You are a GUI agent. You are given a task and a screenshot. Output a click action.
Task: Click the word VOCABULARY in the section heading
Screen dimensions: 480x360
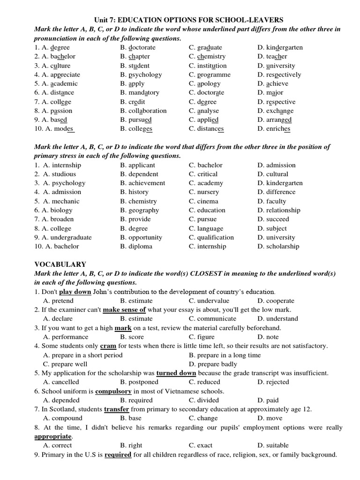pyautogui.click(x=60, y=264)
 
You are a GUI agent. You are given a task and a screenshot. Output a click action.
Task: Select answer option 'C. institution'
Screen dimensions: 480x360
pyautogui.click(x=208, y=66)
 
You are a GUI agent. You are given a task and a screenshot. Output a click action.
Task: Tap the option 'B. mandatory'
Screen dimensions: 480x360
pyautogui.click(x=140, y=93)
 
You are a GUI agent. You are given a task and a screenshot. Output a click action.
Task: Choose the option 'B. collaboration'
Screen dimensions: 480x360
pyautogui.click(x=143, y=111)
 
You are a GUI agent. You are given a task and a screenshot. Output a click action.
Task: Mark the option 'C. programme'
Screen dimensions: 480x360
pyautogui.click(x=210, y=75)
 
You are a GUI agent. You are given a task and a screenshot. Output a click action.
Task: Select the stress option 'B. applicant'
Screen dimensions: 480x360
pyautogui.click(x=137, y=165)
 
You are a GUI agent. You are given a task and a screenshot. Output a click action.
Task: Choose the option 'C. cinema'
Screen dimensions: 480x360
pyautogui.click(x=204, y=201)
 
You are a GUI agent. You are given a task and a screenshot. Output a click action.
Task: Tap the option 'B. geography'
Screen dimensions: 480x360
pyautogui.click(x=139, y=210)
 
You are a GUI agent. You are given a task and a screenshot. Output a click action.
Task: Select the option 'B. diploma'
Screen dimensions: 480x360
pyautogui.click(x=136, y=247)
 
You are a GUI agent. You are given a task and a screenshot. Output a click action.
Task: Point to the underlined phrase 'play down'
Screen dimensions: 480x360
pyautogui.click(x=75, y=292)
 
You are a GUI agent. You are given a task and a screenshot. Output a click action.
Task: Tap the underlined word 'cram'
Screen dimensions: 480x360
pyautogui.click(x=108, y=346)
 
